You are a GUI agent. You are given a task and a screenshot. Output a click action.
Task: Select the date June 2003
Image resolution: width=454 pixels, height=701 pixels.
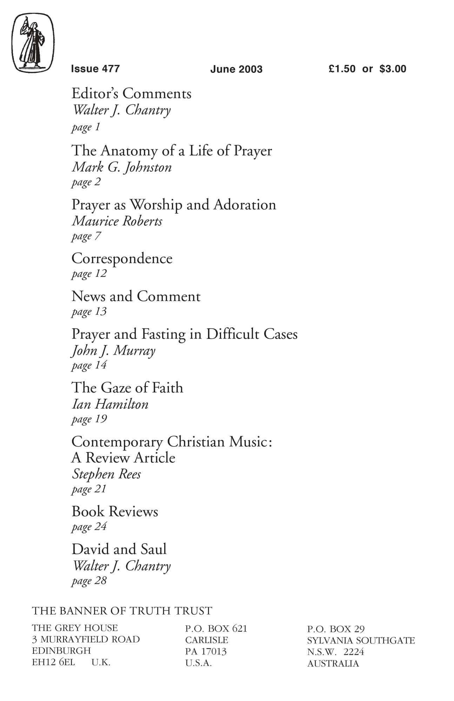(236, 69)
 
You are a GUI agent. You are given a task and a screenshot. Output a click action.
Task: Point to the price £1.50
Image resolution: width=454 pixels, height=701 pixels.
(342, 69)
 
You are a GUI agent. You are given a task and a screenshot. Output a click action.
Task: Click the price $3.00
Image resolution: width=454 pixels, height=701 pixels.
(393, 69)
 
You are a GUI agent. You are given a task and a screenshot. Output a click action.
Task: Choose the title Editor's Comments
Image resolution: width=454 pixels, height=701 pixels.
(131, 94)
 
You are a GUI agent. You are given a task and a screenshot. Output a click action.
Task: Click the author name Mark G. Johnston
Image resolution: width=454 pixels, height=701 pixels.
(122, 167)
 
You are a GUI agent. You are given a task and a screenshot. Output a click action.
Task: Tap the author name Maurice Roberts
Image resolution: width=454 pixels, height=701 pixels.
(117, 221)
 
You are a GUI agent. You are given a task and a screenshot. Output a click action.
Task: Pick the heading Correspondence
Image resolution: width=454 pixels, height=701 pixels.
(122, 259)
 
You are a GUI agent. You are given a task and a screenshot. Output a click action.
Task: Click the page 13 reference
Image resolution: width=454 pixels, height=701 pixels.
(89, 312)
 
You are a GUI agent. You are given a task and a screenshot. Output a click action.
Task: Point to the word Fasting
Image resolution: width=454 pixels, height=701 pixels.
(163, 334)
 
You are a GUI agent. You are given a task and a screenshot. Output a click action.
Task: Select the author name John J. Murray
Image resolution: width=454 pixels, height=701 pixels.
(113, 350)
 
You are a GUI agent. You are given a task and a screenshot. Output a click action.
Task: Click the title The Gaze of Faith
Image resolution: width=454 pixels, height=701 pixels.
(127, 388)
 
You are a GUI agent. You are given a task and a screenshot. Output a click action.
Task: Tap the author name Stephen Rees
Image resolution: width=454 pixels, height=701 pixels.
(106, 474)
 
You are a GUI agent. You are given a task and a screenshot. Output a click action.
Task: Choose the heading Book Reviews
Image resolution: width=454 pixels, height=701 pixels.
(115, 511)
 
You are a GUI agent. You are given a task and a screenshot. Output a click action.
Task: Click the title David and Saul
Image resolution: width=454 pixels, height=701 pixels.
(119, 549)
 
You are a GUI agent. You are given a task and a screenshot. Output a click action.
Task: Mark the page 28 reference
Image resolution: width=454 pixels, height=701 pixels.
(89, 581)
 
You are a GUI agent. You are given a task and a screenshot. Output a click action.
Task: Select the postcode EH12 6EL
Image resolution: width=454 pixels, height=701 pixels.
(53, 662)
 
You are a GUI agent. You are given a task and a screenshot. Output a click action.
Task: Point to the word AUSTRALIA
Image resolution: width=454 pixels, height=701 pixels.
(333, 663)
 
